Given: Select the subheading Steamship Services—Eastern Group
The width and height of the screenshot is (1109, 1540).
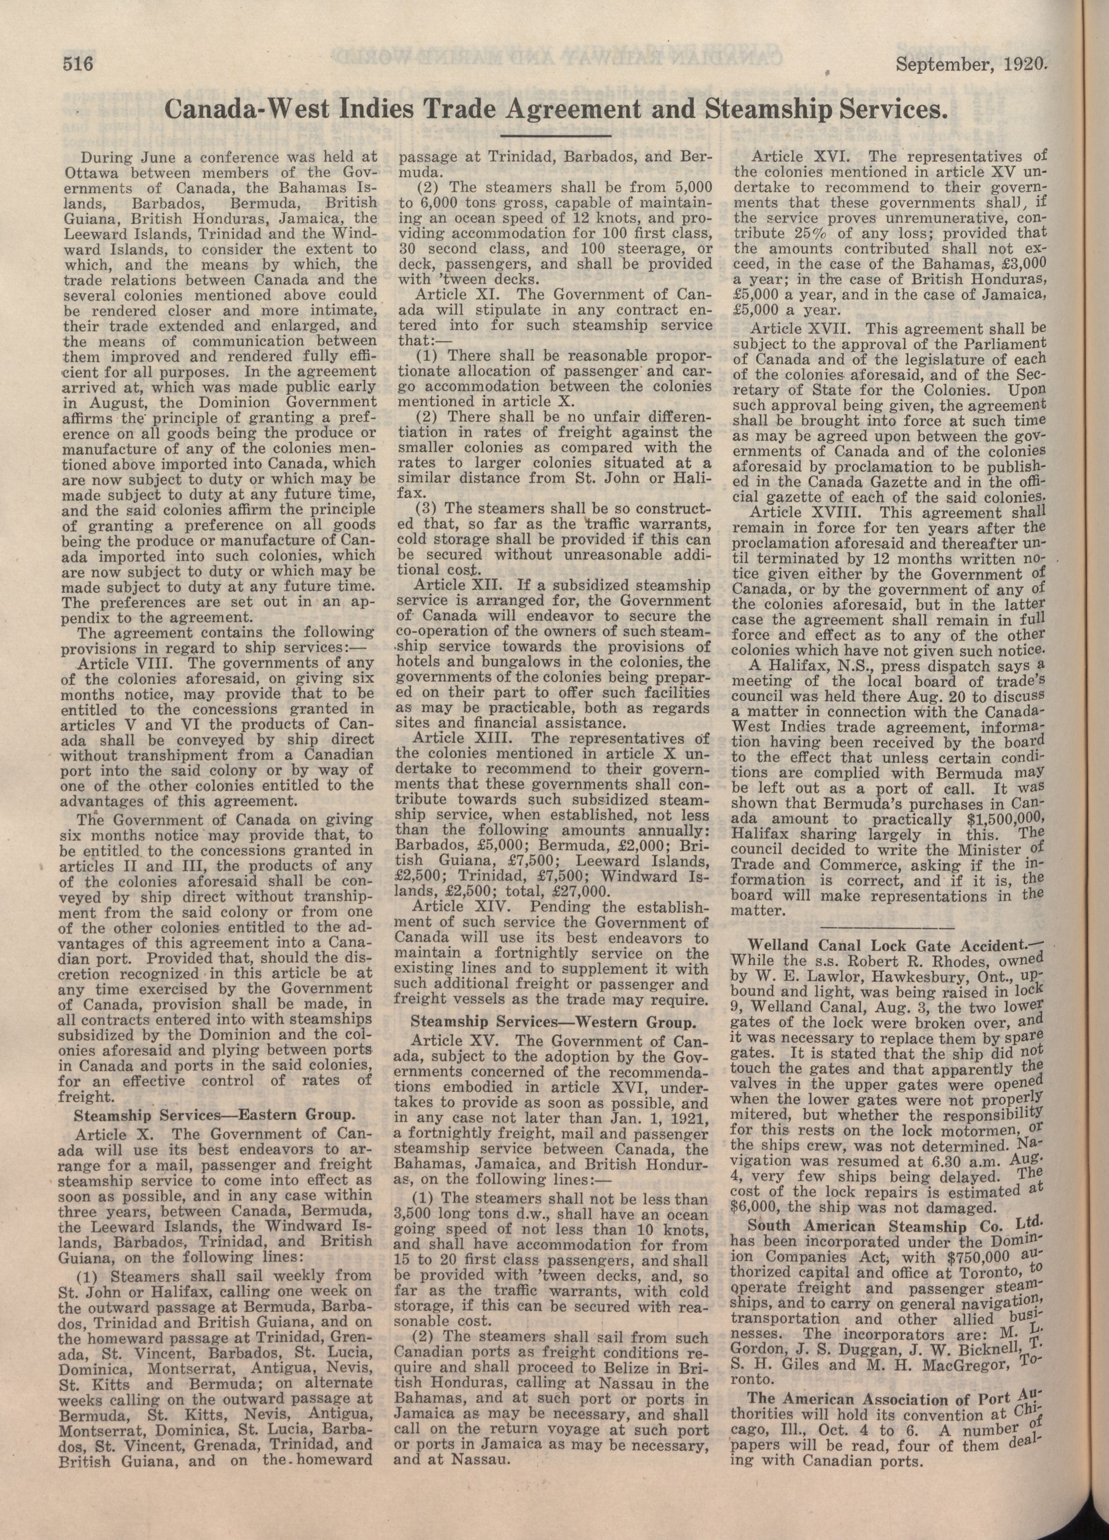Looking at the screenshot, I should point(213,1115).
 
